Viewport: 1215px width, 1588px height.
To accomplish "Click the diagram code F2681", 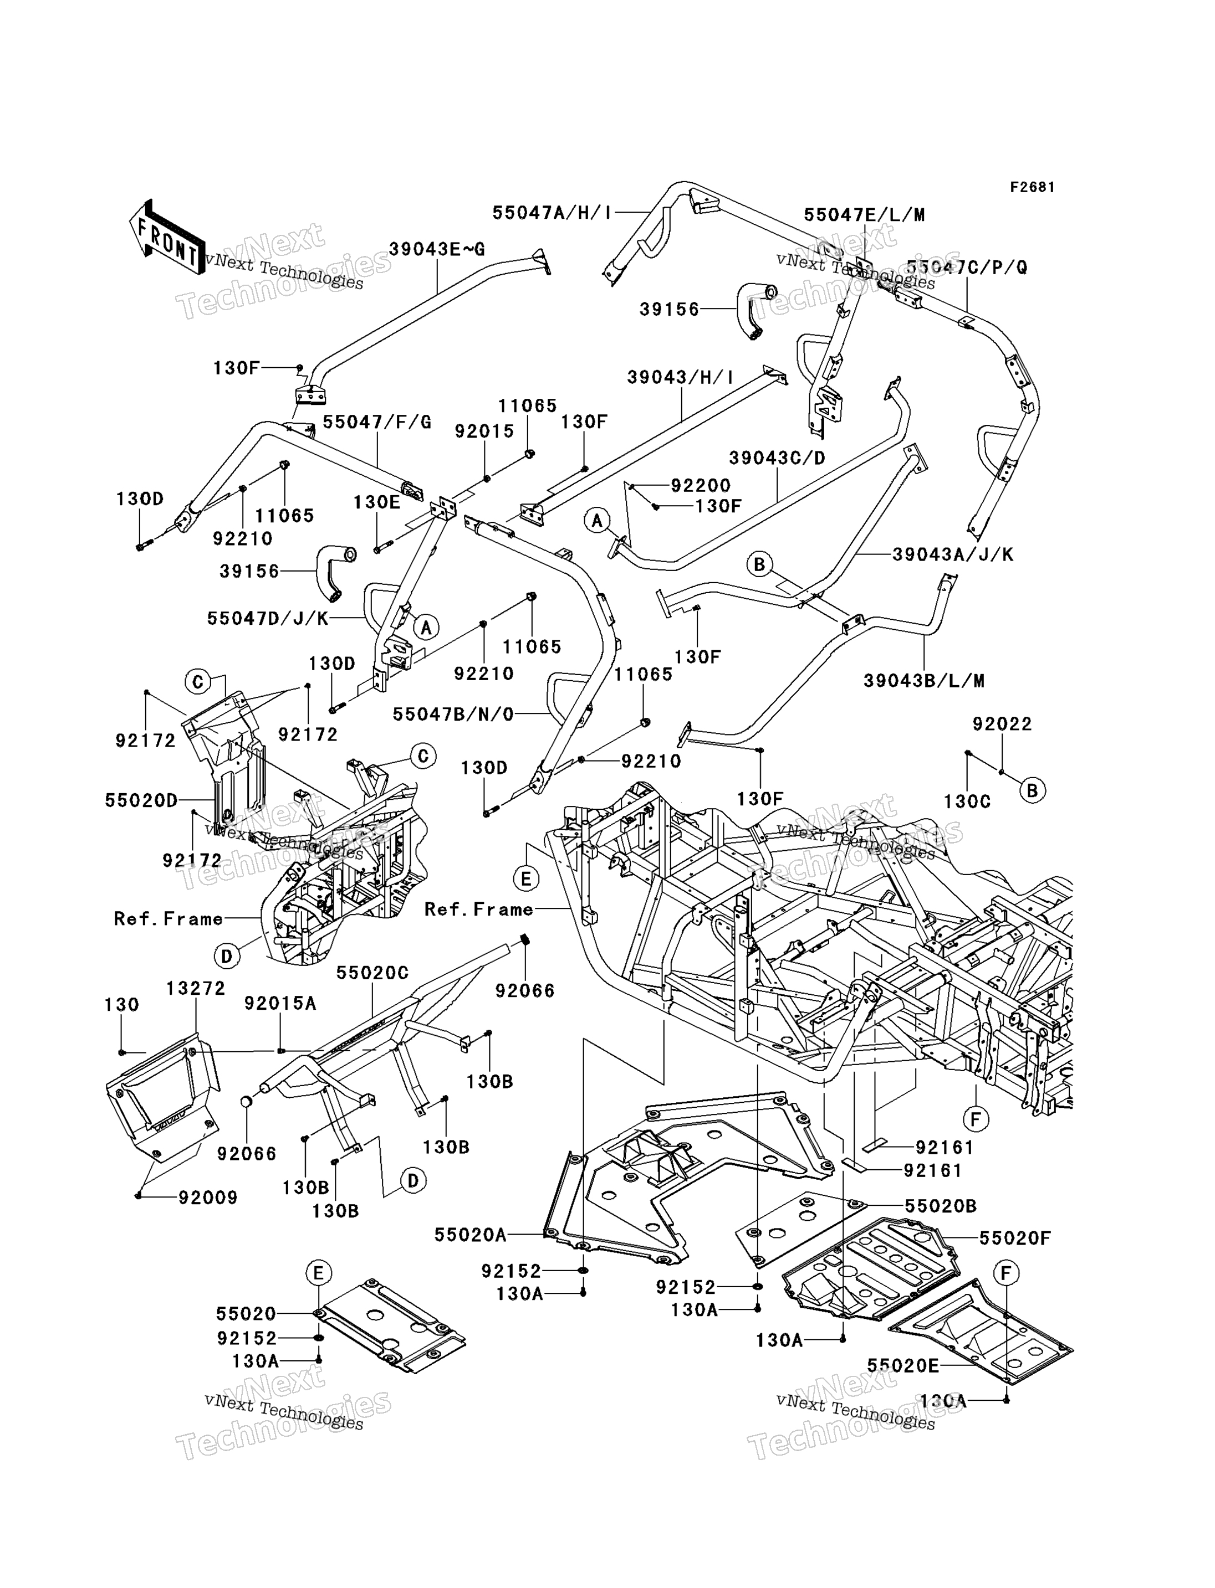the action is (1032, 187).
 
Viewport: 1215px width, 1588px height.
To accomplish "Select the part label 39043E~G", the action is (436, 249).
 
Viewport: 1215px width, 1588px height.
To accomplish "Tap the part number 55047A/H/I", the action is (552, 213).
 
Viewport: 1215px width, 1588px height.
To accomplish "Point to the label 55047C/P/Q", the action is (966, 268).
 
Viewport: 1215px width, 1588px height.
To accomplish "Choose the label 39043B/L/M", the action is (923, 681).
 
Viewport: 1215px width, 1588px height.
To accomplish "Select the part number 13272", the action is (196, 988).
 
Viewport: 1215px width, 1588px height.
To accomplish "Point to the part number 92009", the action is (208, 1198).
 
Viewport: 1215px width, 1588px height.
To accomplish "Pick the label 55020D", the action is (141, 800).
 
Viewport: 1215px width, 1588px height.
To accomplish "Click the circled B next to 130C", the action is (1032, 791).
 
